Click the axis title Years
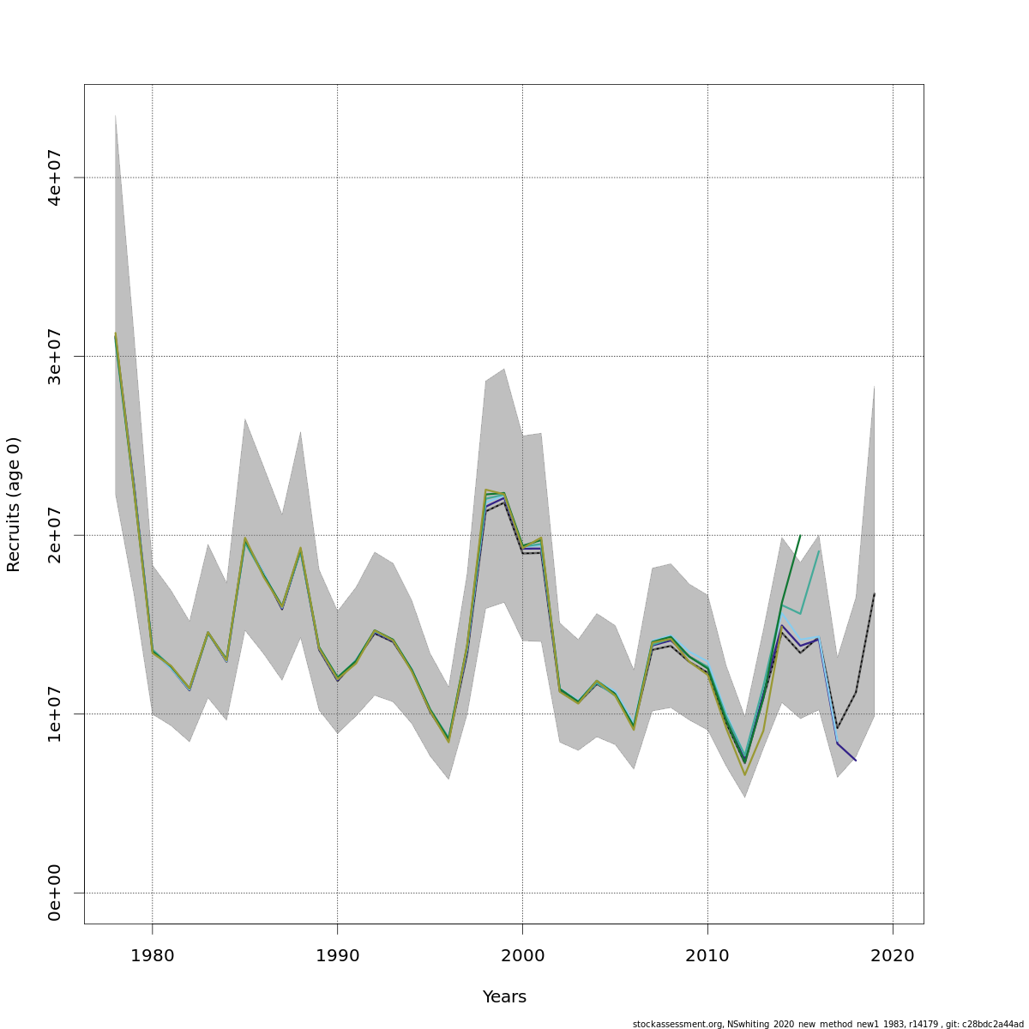coord(504,997)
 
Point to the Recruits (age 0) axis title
coord(14,504)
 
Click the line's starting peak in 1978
coord(116,334)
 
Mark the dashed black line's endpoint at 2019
coord(874,593)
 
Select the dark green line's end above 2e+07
coord(800,535)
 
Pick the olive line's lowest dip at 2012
coord(744,775)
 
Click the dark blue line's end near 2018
coord(855,760)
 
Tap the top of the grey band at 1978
coord(115,115)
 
